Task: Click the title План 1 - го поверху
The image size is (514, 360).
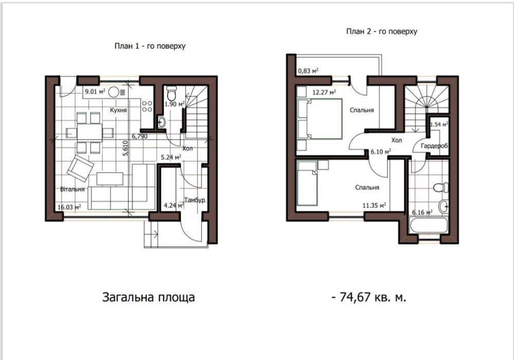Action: click(150, 46)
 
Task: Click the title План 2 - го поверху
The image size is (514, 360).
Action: click(382, 31)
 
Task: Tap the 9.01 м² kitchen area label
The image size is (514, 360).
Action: click(95, 92)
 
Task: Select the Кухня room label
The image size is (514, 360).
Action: click(118, 110)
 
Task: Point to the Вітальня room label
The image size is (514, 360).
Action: click(72, 189)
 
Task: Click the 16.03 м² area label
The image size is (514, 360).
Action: click(69, 207)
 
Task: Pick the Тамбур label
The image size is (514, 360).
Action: click(195, 200)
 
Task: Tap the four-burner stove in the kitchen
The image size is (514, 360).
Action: click(147, 106)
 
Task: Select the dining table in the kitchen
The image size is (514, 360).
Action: click(89, 133)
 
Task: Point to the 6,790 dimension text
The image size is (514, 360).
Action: click(140, 136)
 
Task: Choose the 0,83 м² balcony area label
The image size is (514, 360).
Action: click(308, 70)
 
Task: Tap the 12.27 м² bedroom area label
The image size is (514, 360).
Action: click(324, 93)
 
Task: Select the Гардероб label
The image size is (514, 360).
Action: click(434, 146)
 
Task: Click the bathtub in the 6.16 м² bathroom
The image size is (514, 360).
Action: click(428, 225)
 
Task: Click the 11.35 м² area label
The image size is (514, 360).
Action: click(374, 206)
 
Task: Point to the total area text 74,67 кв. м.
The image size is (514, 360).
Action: click(369, 297)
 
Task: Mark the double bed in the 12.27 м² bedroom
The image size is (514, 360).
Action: click(320, 119)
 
